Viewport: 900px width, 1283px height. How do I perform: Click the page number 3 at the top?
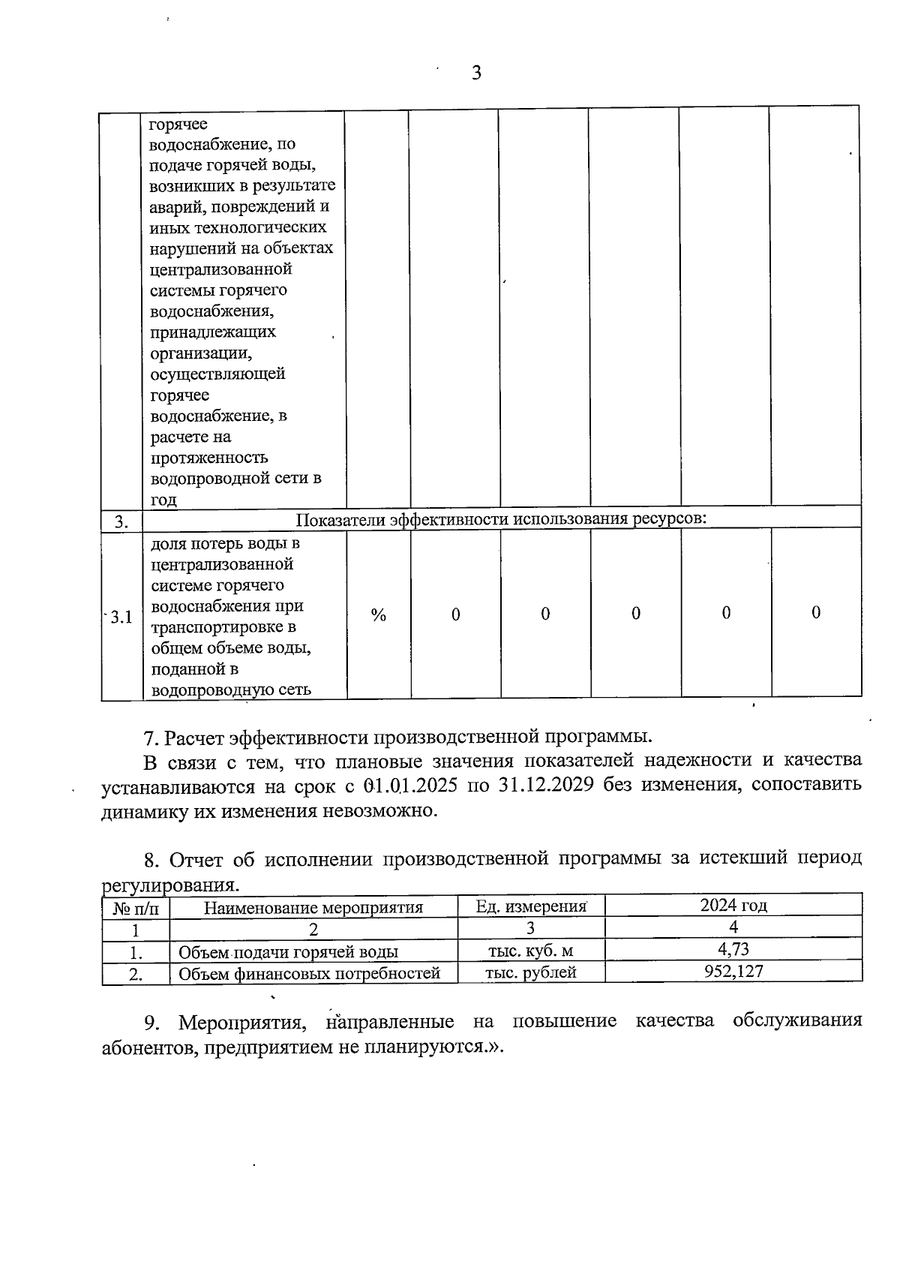pyautogui.click(x=475, y=73)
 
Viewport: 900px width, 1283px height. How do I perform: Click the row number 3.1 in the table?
pyautogui.click(x=120, y=617)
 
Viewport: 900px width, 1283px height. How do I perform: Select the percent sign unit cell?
pyautogui.click(x=378, y=615)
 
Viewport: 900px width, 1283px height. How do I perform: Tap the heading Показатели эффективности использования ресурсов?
pyautogui.click(x=501, y=519)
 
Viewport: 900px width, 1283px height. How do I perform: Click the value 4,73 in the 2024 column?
pyautogui.click(x=733, y=949)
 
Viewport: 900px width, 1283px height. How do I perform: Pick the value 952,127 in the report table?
pyautogui.click(x=733, y=972)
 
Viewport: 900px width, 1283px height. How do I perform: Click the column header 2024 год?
pyautogui.click(x=733, y=905)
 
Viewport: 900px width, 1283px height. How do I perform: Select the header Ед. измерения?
pyautogui.click(x=530, y=906)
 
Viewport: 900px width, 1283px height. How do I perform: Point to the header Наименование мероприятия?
pyautogui.click(x=313, y=907)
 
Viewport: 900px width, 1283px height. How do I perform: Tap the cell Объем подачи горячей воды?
pyautogui.click(x=288, y=952)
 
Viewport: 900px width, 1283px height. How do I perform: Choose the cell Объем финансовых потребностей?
pyautogui.click(x=309, y=974)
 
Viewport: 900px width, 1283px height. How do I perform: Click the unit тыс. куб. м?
pyautogui.click(x=530, y=951)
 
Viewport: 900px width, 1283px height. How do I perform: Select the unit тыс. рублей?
pyautogui.click(x=530, y=972)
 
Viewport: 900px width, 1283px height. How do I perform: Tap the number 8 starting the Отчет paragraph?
pyautogui.click(x=148, y=858)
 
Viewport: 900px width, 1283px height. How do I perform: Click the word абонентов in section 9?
pyautogui.click(x=148, y=1047)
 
